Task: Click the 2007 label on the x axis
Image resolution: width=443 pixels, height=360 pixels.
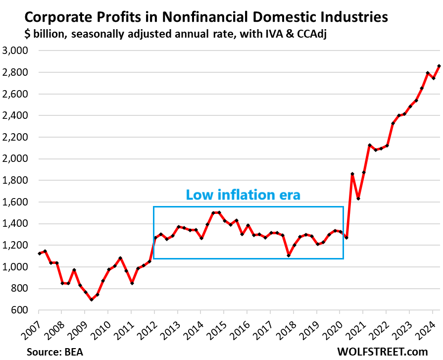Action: [x=31, y=327]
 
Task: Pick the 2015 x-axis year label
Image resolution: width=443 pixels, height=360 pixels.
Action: [x=216, y=327]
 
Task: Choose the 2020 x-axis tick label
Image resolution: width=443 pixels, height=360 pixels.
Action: [x=332, y=327]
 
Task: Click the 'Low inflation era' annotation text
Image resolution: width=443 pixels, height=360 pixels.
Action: [x=243, y=195]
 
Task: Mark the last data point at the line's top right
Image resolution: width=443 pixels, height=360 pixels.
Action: [x=439, y=66]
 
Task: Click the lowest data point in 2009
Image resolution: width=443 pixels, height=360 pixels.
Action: [x=92, y=300]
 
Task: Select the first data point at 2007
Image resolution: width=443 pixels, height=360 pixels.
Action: [x=40, y=254]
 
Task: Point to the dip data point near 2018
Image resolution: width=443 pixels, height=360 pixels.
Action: [x=289, y=256]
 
